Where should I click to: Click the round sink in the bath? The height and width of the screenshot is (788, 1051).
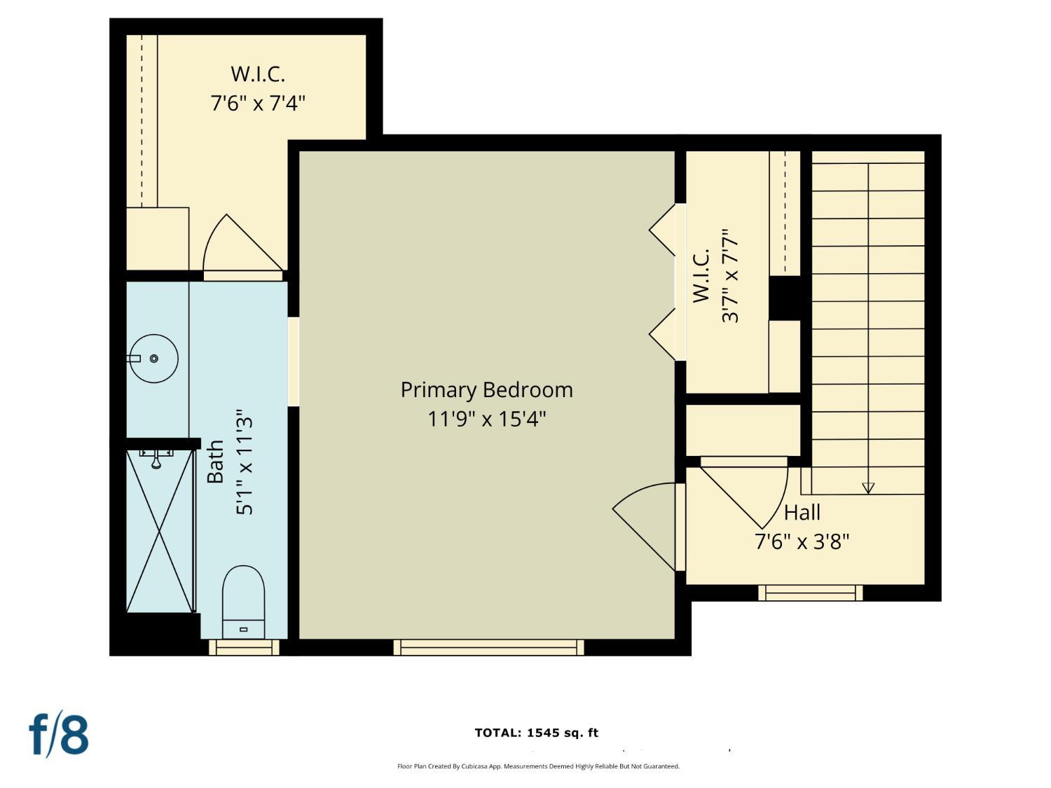click(x=154, y=359)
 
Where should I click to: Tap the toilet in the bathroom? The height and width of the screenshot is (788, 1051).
click(x=243, y=602)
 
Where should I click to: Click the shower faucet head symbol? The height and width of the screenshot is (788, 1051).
click(x=156, y=459)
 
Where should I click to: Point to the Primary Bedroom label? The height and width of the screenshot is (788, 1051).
click(x=486, y=390)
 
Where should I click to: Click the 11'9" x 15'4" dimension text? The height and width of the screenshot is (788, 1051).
click(x=486, y=419)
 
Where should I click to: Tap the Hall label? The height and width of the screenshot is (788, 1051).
click(x=802, y=513)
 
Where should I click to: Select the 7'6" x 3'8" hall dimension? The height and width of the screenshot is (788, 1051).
click(x=802, y=541)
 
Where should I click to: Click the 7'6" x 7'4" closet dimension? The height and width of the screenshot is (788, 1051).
click(x=258, y=104)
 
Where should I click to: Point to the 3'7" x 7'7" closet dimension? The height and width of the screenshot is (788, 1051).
click(x=730, y=275)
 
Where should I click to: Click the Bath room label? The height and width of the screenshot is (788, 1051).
click(x=215, y=462)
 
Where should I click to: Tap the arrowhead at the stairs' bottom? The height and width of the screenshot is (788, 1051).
click(x=868, y=488)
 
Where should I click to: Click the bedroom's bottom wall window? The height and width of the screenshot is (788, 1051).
click(x=488, y=647)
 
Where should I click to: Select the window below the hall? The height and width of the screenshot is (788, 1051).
click(x=810, y=593)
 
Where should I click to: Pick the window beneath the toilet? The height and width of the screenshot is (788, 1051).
click(x=244, y=647)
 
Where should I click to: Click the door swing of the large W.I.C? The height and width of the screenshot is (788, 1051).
click(x=238, y=245)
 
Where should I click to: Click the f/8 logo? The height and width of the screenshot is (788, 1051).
click(x=59, y=734)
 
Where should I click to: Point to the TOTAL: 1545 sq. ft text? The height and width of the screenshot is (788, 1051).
click(x=536, y=733)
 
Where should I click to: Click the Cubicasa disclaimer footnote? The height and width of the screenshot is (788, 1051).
click(x=538, y=766)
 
